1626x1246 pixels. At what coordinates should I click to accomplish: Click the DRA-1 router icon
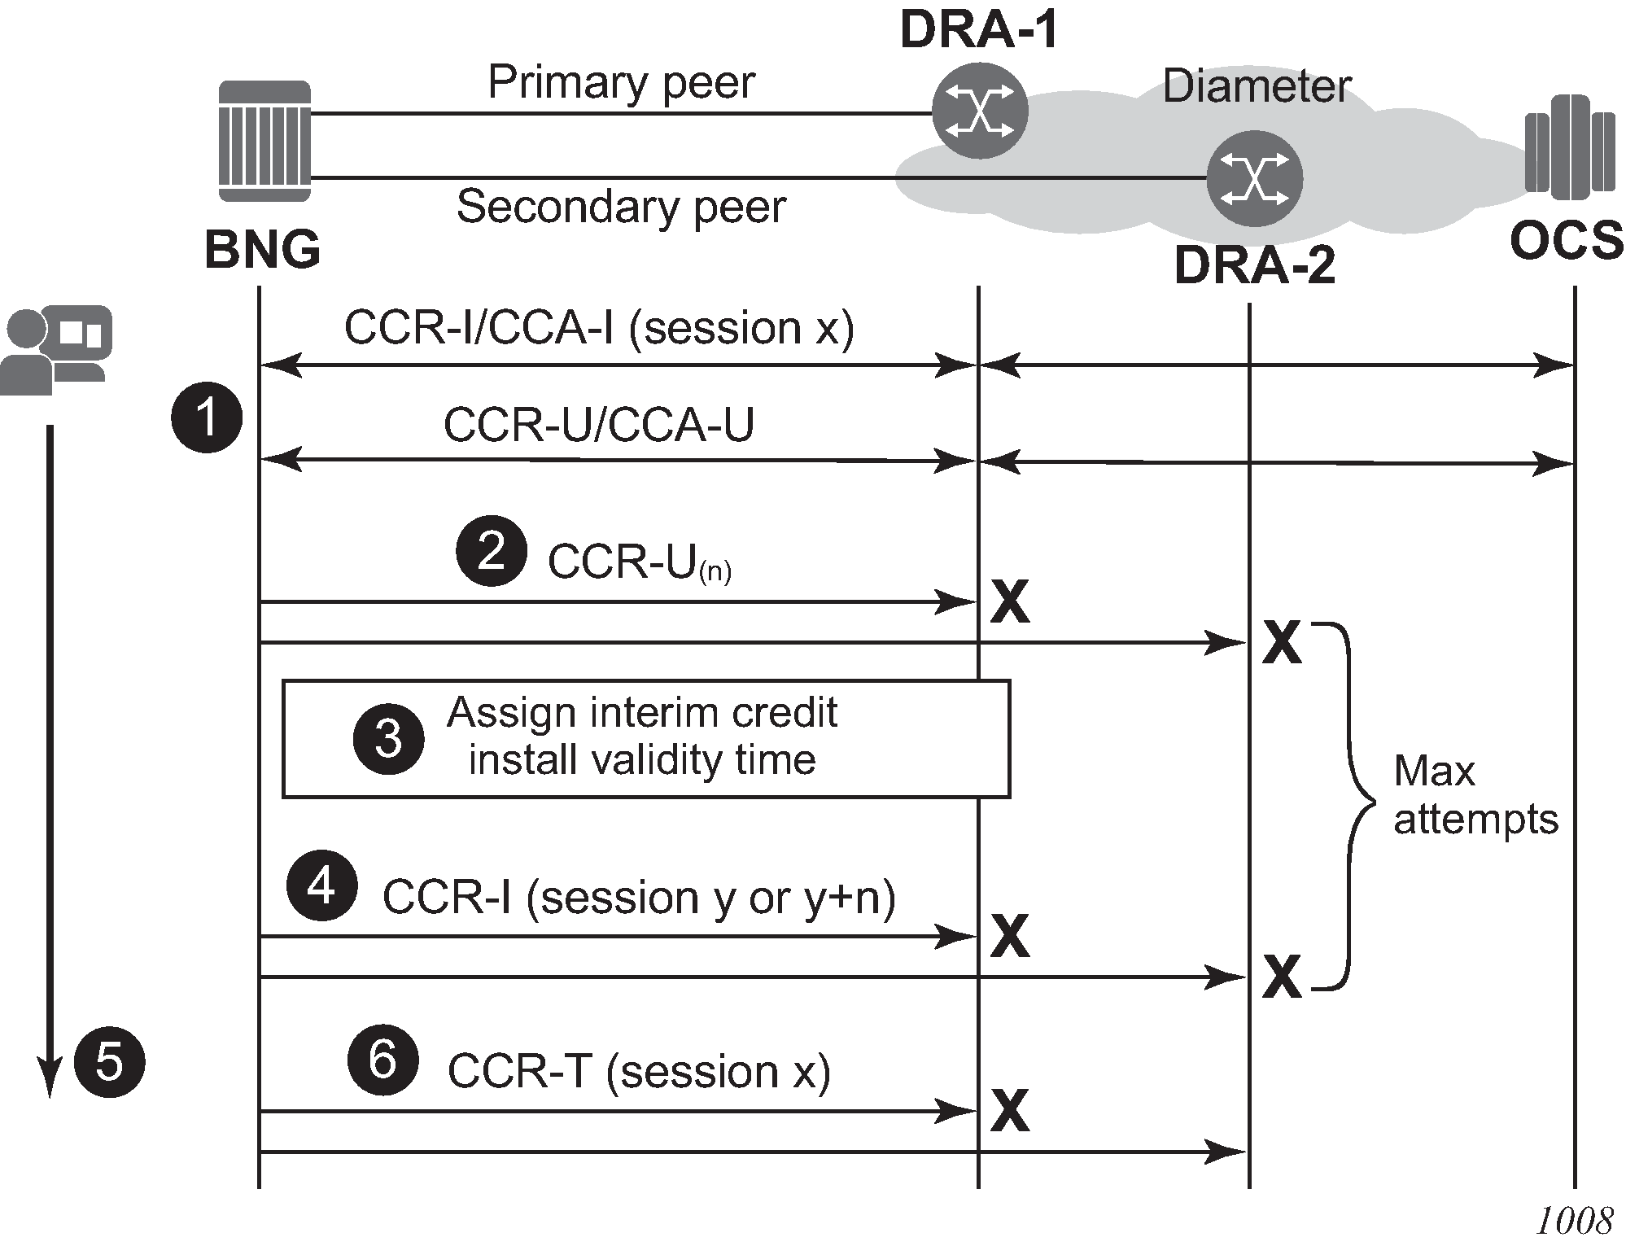[980, 111]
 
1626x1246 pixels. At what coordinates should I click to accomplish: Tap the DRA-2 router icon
[1254, 178]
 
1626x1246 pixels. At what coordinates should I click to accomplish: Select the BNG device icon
[265, 141]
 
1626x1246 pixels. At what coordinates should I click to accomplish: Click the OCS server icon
[1570, 147]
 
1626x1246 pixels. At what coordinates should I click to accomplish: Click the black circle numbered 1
[207, 418]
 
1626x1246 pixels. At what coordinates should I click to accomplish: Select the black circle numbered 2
[491, 551]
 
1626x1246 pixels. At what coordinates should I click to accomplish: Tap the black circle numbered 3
[388, 738]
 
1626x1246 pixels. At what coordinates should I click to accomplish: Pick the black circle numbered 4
[321, 885]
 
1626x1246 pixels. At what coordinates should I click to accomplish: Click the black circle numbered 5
[109, 1062]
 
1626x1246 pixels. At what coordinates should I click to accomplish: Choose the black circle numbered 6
[382, 1060]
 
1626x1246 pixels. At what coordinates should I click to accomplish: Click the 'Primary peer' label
[621, 82]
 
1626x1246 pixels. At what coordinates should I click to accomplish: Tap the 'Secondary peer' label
[621, 207]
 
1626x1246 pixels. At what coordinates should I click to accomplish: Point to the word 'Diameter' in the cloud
[1257, 86]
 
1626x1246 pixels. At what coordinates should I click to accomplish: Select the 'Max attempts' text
[1475, 795]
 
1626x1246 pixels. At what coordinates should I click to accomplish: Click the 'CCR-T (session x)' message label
[639, 1071]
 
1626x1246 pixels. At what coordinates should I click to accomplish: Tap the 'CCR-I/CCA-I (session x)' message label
[599, 328]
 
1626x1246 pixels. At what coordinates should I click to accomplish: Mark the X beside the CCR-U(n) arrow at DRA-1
[1010, 602]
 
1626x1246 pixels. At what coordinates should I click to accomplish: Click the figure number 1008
[1574, 1221]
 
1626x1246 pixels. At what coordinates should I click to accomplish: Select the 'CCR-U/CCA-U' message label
[599, 425]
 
